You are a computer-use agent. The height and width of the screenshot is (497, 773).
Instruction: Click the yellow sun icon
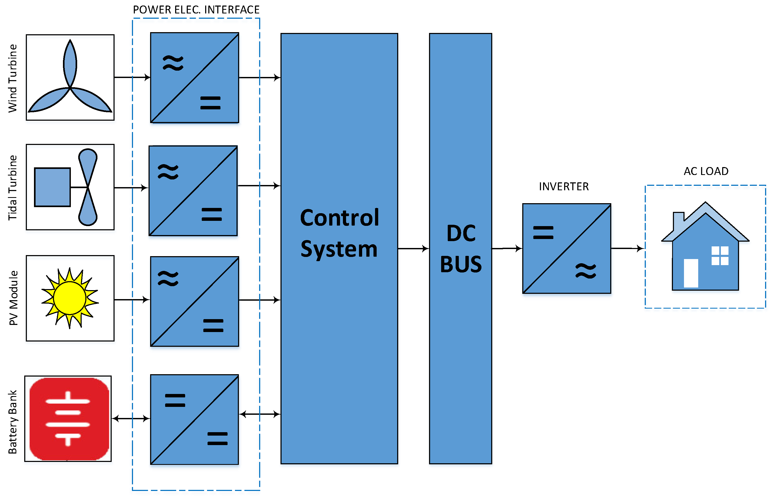pos(70,298)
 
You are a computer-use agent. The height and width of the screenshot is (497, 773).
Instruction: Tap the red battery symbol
pos(69,418)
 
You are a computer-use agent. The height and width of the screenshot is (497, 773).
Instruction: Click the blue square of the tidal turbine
pos(52,187)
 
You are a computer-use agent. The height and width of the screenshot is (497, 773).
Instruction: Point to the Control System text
pos(339,233)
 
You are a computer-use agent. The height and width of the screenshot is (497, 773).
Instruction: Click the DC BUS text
pos(461,248)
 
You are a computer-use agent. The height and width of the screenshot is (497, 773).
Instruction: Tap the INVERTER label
pos(563,187)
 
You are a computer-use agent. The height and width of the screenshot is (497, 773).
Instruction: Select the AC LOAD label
pos(706,171)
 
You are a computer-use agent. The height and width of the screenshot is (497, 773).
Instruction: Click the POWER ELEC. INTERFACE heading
pos(196,10)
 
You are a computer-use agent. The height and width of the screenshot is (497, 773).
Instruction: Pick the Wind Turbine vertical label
pos(13,79)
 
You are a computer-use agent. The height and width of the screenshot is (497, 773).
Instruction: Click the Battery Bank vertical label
pos(13,422)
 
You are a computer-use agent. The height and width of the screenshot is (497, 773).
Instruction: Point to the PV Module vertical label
pos(13,298)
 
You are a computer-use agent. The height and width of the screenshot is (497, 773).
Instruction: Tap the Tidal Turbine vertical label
pos(13,188)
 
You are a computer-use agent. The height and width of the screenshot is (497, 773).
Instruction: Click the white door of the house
pos(691,273)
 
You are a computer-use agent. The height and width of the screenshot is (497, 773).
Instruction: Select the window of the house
pos(720,256)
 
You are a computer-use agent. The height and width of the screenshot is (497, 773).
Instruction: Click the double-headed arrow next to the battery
pos(131,418)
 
